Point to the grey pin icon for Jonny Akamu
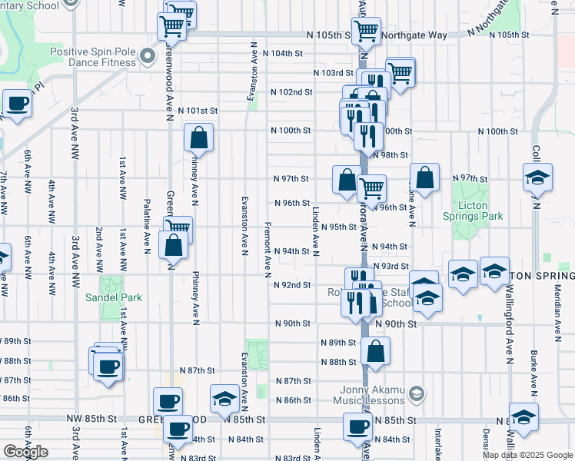[x=416, y=394]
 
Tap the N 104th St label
[x=283, y=54]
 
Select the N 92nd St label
[x=293, y=284]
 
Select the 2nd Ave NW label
[x=98, y=250]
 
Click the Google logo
[x=25, y=452]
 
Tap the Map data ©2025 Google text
[x=527, y=455]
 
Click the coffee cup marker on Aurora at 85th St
[x=357, y=426]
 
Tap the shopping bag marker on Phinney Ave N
[x=198, y=139]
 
